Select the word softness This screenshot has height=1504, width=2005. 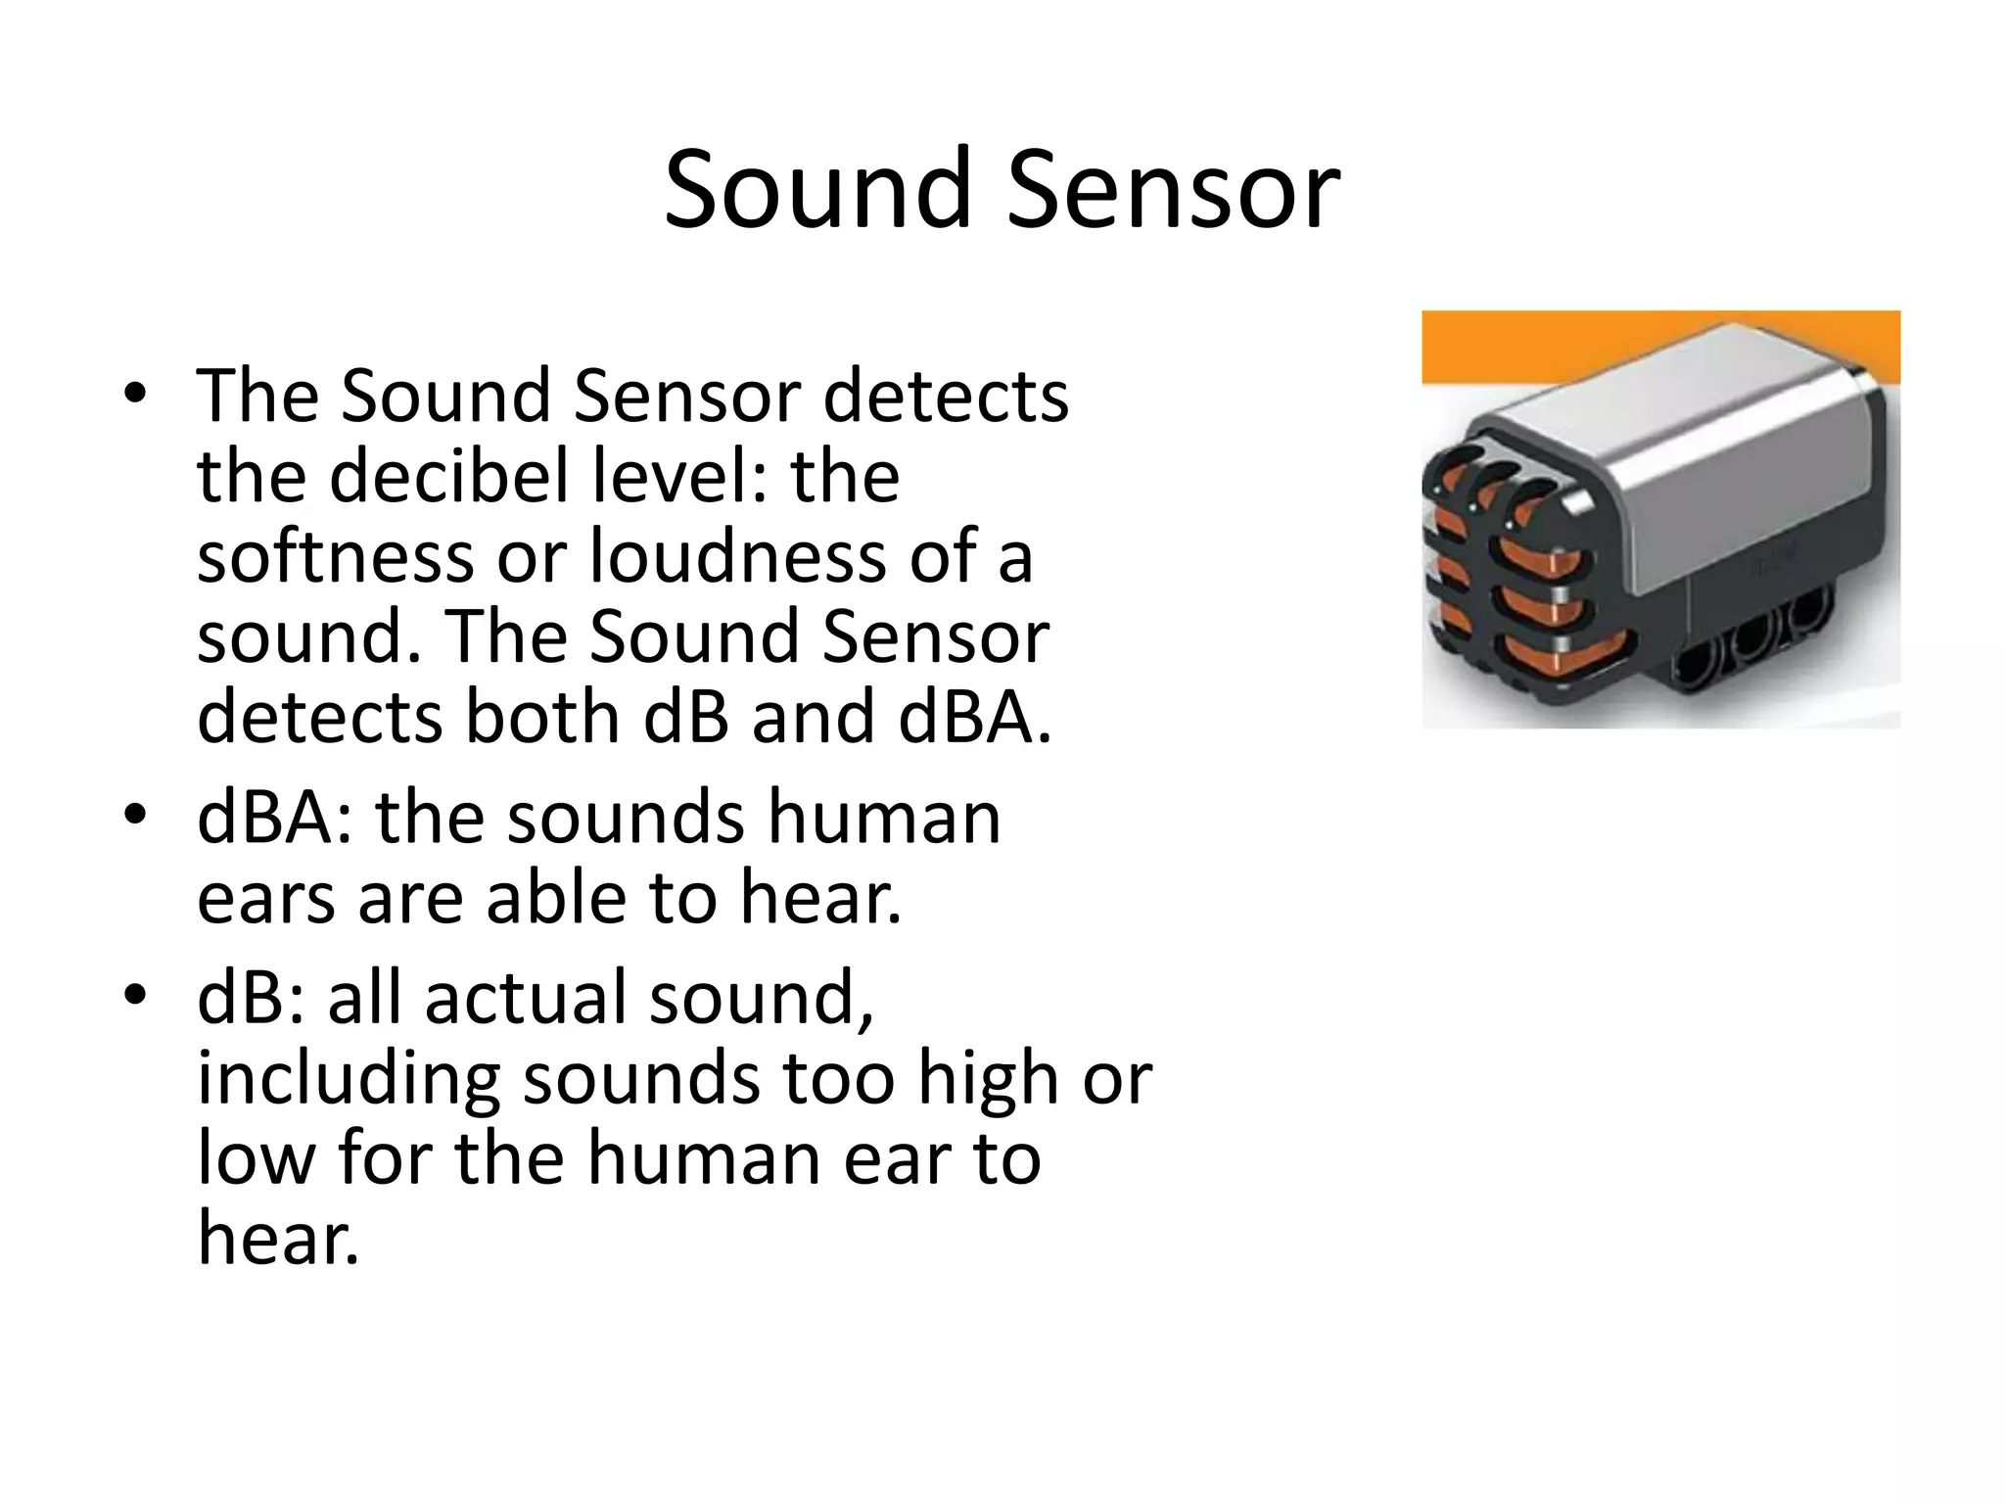(334, 556)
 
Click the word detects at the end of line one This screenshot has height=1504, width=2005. (946, 397)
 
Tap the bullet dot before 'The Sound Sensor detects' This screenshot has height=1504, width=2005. (135, 394)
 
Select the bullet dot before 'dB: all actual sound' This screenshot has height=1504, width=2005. (135, 995)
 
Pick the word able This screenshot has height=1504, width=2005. (555, 898)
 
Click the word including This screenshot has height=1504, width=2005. (348, 1078)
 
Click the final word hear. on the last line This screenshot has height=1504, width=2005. (278, 1239)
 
